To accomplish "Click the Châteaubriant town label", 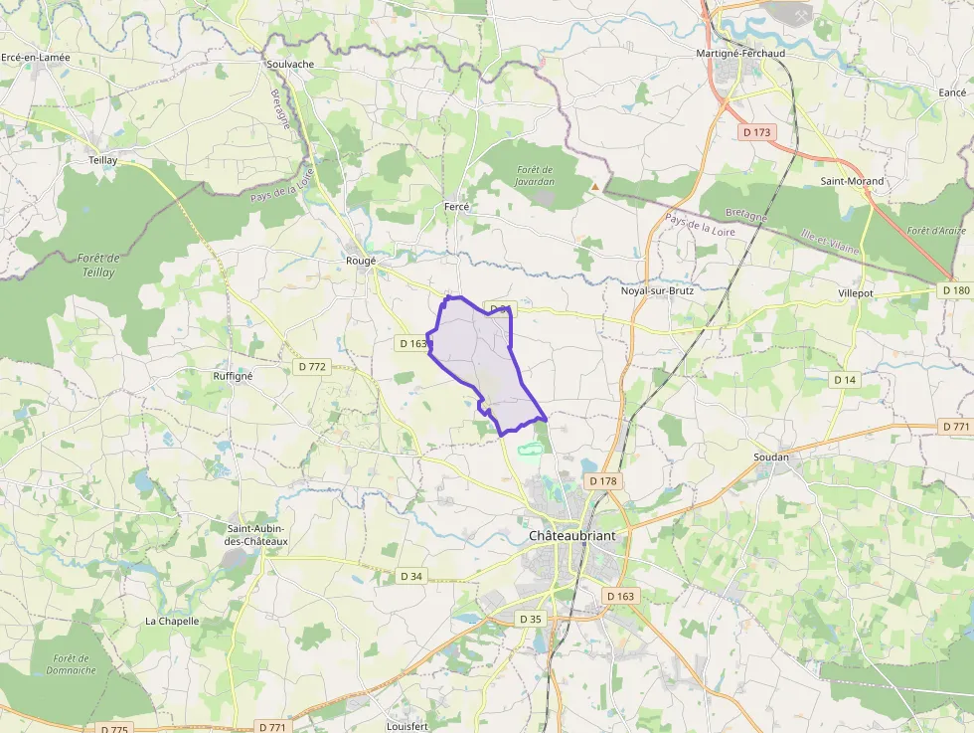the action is [x=571, y=535].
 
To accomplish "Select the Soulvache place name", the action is [x=290, y=64].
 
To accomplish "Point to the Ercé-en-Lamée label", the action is [x=36, y=58].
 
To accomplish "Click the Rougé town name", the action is [x=361, y=261].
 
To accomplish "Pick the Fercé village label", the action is [x=456, y=207].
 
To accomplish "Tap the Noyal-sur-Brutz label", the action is [x=656, y=290].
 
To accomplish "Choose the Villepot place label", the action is [x=855, y=294].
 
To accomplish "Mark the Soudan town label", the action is [x=771, y=458].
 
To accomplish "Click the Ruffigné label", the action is [x=233, y=376].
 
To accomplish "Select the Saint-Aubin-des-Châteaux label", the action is [x=257, y=534].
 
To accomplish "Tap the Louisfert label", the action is [x=406, y=726].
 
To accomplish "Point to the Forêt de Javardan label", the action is [x=535, y=176].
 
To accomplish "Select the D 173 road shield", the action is [x=757, y=131].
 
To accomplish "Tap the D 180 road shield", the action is [x=954, y=290].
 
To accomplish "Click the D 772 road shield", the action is [x=312, y=367].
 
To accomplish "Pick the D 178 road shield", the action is [x=602, y=481].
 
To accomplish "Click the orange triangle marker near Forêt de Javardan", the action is [x=595, y=186].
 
